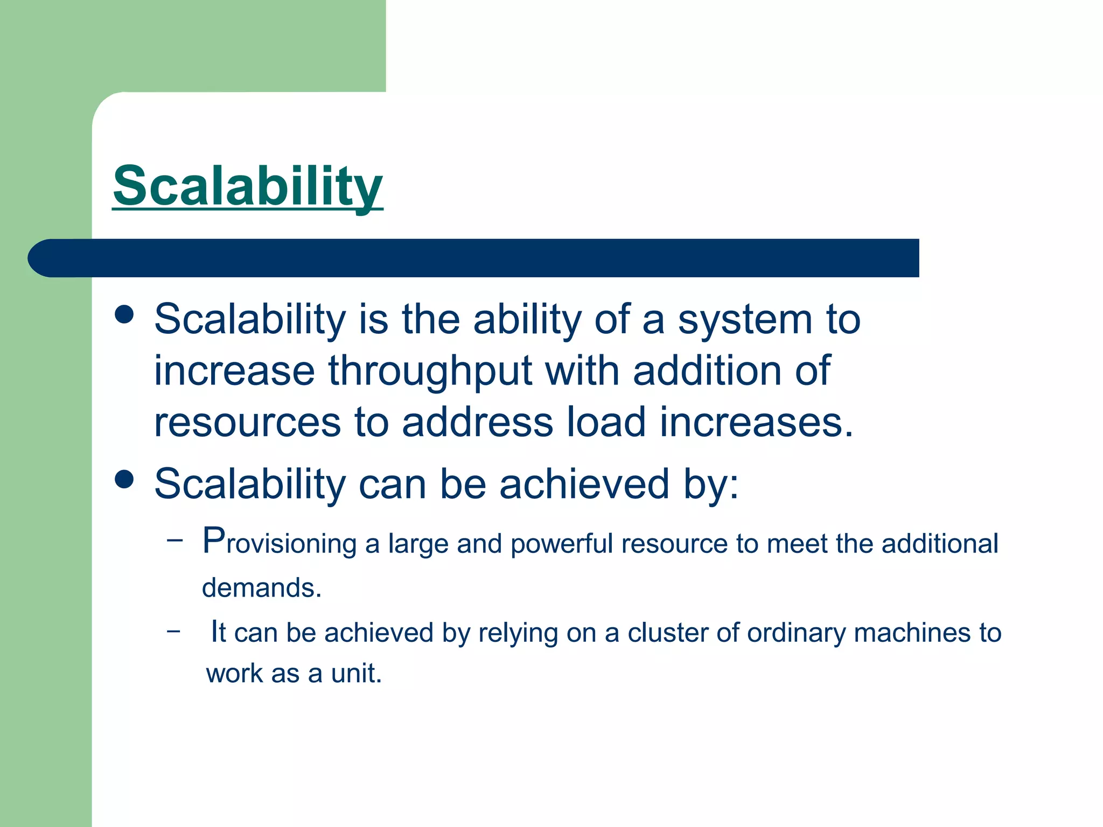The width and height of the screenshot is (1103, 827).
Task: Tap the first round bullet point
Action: coord(124,314)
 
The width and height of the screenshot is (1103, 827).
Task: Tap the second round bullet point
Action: coord(124,479)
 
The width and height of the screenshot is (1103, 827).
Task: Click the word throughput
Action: coord(430,372)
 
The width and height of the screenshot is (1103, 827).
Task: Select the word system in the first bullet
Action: coord(745,320)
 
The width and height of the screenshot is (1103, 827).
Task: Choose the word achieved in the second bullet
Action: coord(584,483)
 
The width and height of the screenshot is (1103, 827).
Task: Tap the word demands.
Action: coord(261,587)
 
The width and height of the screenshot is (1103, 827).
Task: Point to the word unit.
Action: coord(356,674)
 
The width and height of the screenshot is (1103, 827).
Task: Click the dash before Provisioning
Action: coord(174,539)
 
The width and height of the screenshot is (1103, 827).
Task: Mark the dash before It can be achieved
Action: coord(173,629)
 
